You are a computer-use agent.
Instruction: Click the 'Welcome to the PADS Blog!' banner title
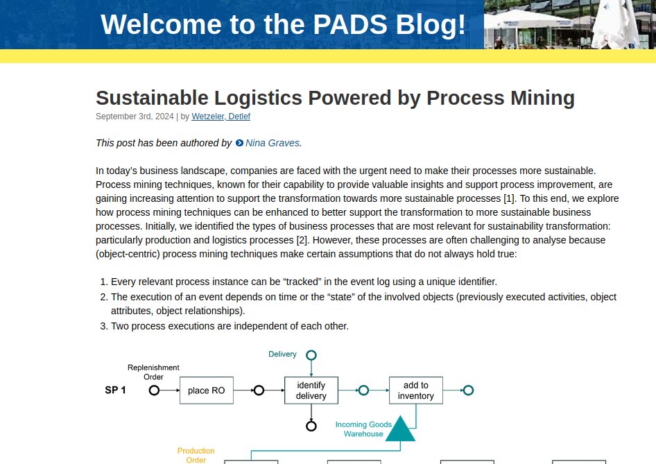[x=283, y=25]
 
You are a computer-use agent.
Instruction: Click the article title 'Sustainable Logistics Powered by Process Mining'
[x=335, y=98]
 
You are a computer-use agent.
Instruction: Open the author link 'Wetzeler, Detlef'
[x=221, y=117]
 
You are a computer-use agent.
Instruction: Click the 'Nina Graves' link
[x=273, y=143]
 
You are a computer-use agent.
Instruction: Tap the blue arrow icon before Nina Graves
[x=239, y=143]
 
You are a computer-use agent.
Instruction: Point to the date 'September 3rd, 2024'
[x=135, y=117]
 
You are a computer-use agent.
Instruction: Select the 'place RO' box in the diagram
[x=206, y=390]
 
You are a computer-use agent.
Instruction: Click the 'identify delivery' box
[x=311, y=390]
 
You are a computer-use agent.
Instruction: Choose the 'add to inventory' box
[x=415, y=390]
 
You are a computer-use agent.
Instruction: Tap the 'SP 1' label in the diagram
[x=115, y=390]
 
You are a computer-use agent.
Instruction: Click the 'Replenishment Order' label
[x=153, y=372]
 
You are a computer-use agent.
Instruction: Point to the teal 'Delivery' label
[x=282, y=354]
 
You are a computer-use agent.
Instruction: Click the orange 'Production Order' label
[x=196, y=455]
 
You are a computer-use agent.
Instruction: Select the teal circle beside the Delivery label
[x=311, y=355]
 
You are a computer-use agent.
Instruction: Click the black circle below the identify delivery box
[x=311, y=426]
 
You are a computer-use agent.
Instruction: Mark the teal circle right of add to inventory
[x=468, y=390]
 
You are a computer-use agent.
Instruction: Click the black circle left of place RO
[x=154, y=390]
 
